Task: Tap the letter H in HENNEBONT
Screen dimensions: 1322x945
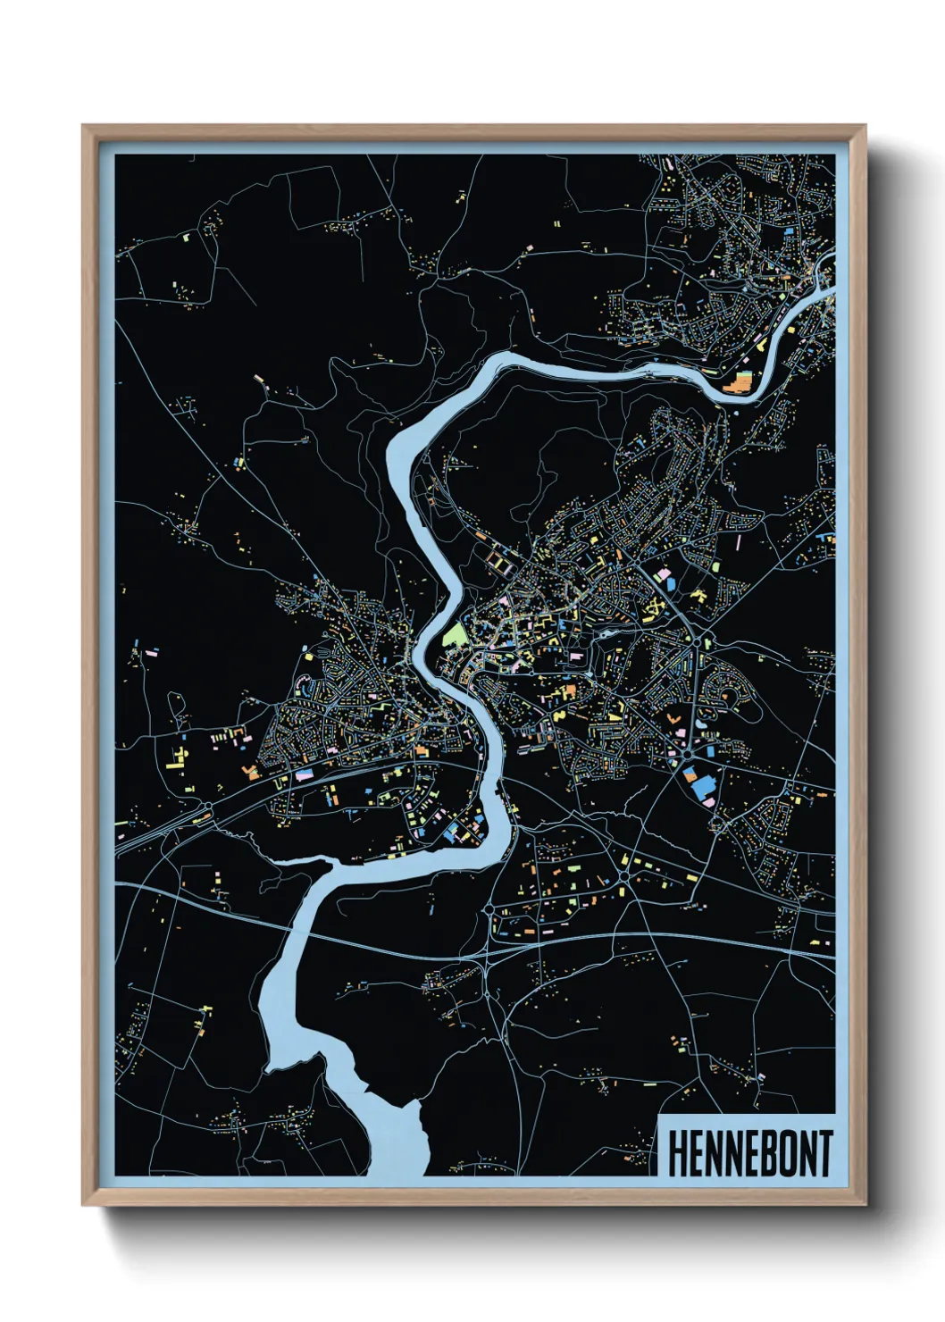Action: point(676,1154)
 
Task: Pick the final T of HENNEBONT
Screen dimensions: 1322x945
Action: point(824,1154)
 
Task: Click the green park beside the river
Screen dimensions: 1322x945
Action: point(455,637)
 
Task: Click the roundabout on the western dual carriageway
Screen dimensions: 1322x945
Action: point(207,807)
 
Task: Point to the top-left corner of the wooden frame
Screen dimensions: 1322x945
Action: point(84,127)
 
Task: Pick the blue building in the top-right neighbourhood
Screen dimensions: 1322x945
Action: point(790,230)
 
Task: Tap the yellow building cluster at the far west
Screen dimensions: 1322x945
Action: point(176,757)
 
